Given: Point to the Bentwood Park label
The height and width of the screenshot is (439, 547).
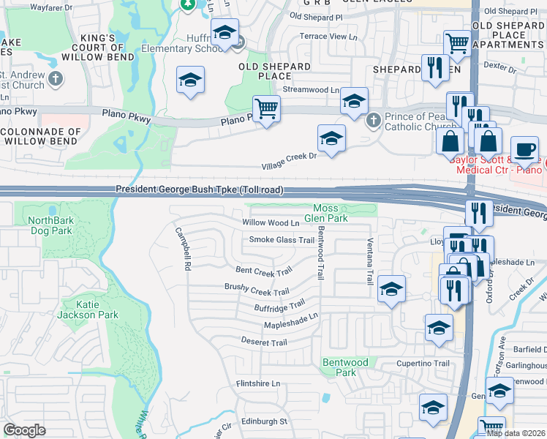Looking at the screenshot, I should pos(345,367).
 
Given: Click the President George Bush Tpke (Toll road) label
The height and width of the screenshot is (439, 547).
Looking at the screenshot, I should pos(199,190).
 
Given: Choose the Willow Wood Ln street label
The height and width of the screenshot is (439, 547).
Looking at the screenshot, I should pos(271,222).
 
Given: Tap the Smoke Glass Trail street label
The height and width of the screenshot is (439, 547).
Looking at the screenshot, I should pos(282,240).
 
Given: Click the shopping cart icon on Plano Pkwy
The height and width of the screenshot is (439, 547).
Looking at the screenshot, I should pos(266,109).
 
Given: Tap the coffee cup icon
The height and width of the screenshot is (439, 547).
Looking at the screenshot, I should pos(524,149).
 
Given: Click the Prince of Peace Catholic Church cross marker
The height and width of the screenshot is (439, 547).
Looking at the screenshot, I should pos(373,119).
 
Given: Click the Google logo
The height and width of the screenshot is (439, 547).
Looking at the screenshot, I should pos(24,430).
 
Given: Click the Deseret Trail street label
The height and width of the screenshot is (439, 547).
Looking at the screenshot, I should pos(264,342).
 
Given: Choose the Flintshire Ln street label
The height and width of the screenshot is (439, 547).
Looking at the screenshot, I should pos(257,383).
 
